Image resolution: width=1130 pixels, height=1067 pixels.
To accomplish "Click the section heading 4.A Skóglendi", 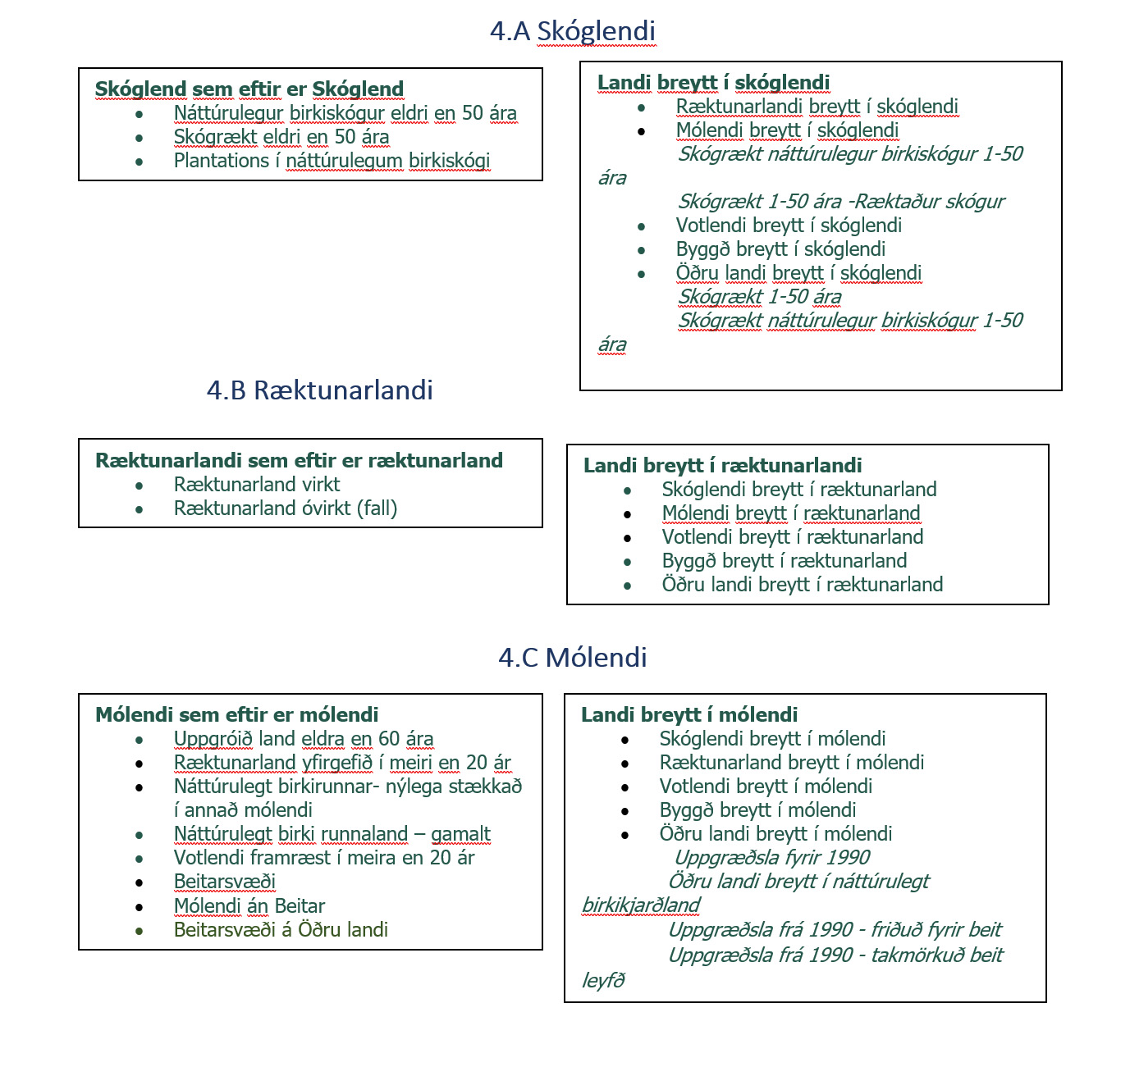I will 572,31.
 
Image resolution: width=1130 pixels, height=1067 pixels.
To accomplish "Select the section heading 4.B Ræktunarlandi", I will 319,390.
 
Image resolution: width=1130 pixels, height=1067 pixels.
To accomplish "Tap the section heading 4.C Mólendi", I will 572,657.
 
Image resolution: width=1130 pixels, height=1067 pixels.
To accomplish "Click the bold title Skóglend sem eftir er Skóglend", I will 249,89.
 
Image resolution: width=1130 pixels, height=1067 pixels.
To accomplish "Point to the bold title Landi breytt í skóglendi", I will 713,82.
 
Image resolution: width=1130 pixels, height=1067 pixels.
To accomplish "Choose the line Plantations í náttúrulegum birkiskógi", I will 332,161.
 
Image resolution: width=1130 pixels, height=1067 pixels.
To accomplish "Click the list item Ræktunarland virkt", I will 256,485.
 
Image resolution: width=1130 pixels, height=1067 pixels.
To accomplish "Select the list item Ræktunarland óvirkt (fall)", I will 285,508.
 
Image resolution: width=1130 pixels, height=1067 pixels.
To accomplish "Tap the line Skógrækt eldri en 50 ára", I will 281,137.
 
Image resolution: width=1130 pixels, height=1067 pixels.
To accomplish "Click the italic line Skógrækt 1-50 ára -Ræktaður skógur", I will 840,202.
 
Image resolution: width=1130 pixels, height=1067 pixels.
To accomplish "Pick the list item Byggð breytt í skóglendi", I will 780,249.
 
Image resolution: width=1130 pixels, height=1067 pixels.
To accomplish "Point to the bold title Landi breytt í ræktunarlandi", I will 722,466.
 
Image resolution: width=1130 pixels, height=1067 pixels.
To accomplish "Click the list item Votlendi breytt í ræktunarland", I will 792,537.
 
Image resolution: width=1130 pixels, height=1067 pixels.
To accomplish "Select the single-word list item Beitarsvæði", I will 224,882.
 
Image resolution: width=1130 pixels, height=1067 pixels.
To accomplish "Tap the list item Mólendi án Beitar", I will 249,906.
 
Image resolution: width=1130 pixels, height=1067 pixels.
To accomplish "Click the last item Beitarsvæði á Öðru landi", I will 281,930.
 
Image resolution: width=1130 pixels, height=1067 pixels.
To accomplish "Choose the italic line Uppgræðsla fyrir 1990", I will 771,858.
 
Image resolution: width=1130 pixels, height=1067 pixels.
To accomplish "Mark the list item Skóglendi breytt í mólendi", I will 772,739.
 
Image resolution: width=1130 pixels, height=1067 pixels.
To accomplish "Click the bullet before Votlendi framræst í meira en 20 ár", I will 140,859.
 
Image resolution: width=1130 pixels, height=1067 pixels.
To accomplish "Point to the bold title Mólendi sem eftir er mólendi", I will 237,714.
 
